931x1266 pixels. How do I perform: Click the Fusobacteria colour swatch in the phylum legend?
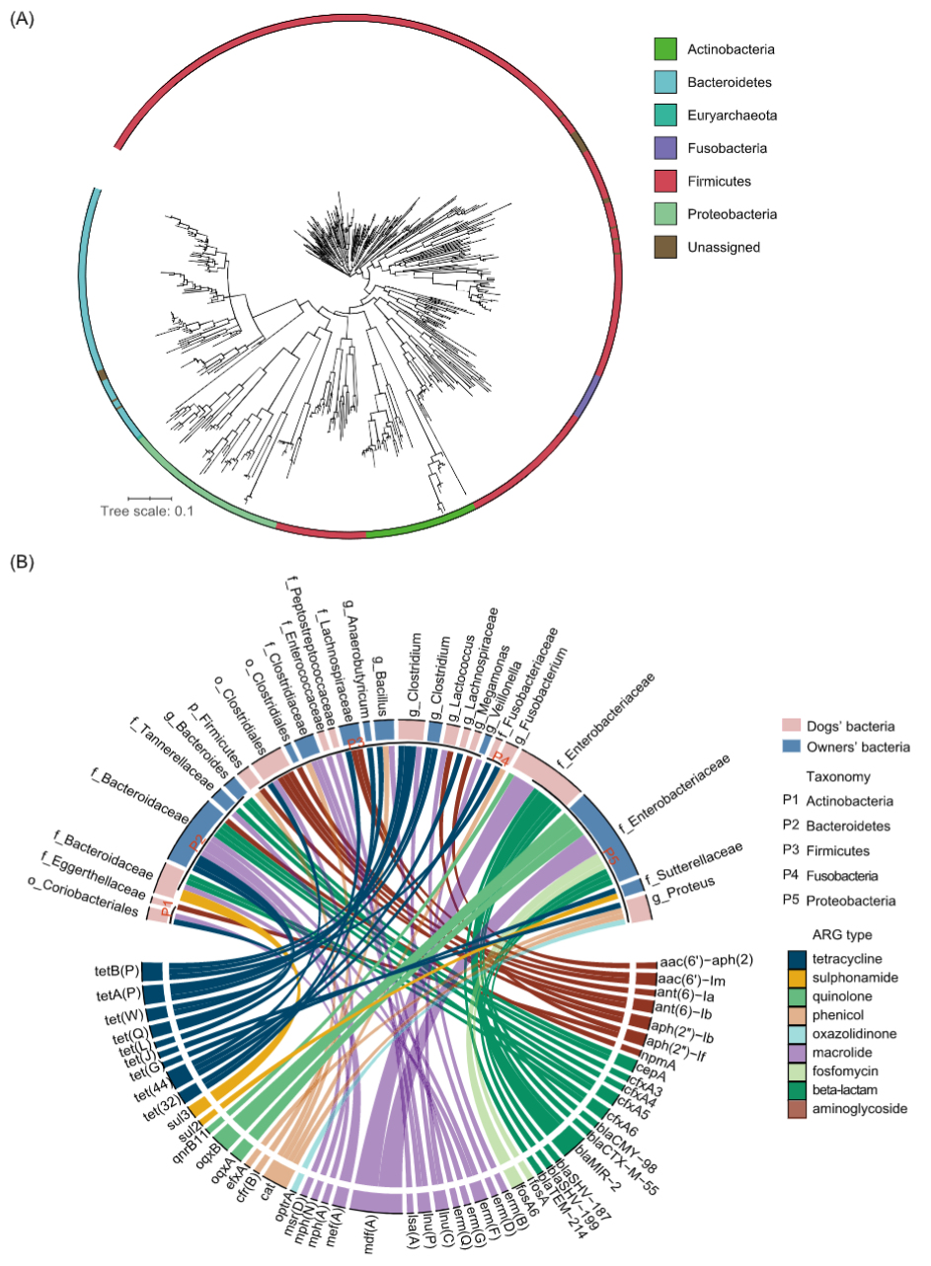click(x=664, y=147)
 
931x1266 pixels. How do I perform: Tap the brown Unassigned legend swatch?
click(x=664, y=247)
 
